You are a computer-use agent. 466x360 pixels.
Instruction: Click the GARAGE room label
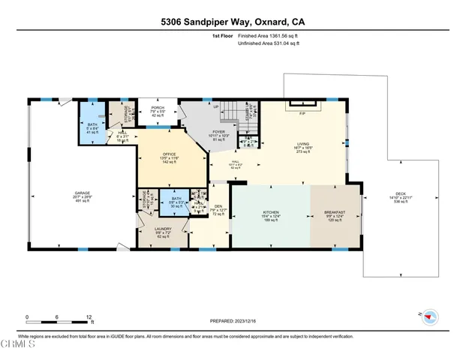(82, 193)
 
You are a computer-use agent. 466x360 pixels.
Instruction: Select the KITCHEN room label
(270, 212)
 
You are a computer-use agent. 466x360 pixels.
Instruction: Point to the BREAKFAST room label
(335, 212)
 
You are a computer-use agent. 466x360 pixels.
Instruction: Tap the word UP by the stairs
(216, 106)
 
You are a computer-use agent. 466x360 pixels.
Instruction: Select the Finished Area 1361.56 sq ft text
(268, 35)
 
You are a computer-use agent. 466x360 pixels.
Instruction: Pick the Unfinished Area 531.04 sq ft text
(269, 44)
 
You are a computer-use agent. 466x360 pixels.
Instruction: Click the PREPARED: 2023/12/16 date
(233, 320)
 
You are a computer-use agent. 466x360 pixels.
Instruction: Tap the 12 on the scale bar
(89, 316)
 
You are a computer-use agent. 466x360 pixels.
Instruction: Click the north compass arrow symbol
(428, 316)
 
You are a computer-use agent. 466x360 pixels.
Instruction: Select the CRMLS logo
(18, 344)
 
